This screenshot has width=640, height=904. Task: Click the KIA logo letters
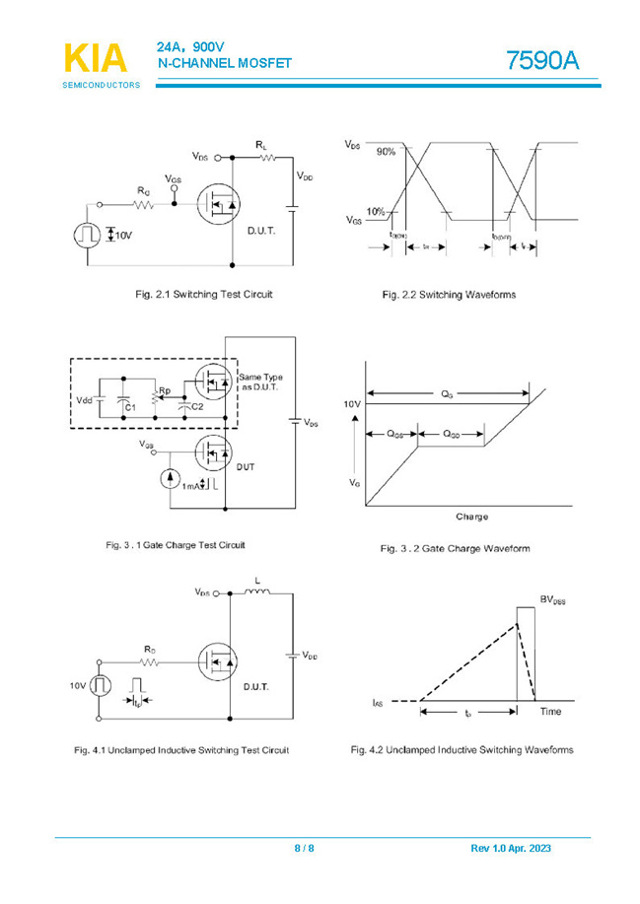pyautogui.click(x=96, y=58)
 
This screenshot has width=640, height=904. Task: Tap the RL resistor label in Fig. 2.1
pyautogui.click(x=261, y=145)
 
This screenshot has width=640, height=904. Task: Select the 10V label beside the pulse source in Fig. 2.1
pyautogui.click(x=123, y=236)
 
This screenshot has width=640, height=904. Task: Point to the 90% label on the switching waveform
pyautogui.click(x=384, y=152)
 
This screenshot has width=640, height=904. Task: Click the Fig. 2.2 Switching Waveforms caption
pyautogui.click(x=449, y=295)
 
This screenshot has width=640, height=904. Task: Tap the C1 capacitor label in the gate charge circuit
pyautogui.click(x=130, y=406)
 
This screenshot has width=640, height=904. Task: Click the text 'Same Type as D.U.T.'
pyautogui.click(x=261, y=382)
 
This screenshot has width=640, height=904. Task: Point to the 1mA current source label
pyautogui.click(x=192, y=486)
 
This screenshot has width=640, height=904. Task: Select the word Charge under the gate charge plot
pyautogui.click(x=471, y=517)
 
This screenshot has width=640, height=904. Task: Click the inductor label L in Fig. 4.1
pyautogui.click(x=258, y=583)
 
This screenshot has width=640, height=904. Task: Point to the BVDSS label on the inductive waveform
pyautogui.click(x=552, y=599)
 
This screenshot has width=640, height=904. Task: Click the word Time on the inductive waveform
pyautogui.click(x=550, y=711)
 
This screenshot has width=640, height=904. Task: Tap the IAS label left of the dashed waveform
pyautogui.click(x=378, y=702)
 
